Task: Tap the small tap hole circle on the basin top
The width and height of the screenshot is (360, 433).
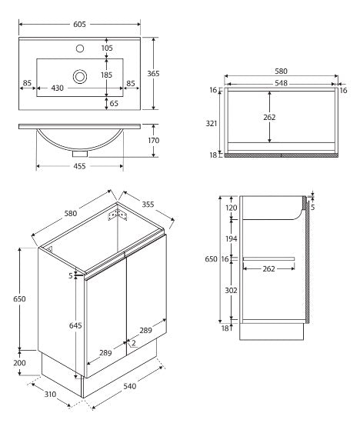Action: coord(79,48)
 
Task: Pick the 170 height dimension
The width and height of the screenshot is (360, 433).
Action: coord(153,141)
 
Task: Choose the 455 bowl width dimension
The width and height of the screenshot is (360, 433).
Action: coord(79,165)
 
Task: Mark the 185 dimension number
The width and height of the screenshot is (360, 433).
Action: coord(106,75)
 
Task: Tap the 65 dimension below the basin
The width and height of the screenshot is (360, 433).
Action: coord(113,102)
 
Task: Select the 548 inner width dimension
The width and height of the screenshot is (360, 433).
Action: coord(280,82)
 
